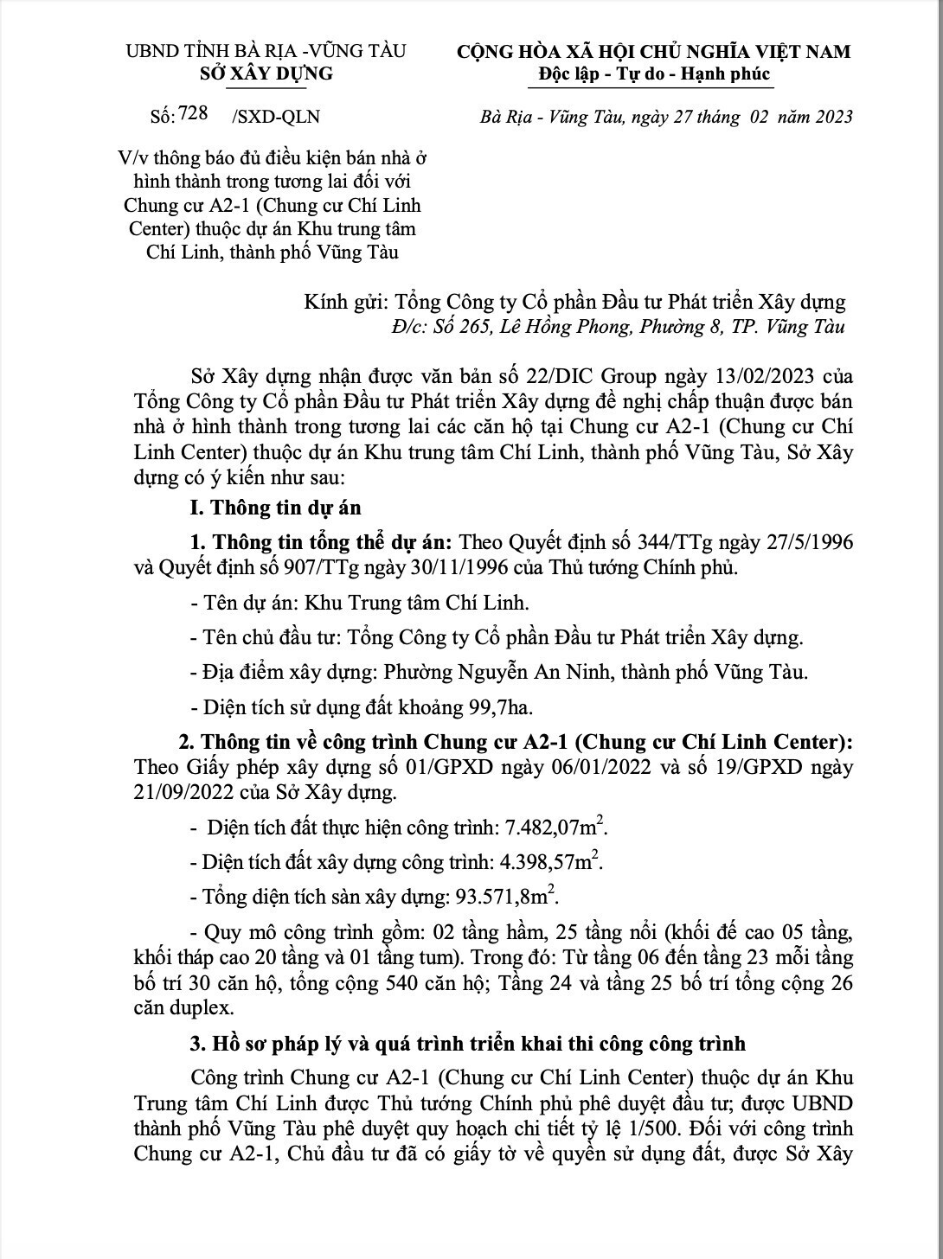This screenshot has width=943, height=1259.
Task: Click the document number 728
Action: pos(193,114)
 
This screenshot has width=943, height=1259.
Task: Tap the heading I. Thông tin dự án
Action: pos(275,508)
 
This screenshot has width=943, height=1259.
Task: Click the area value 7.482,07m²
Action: pos(555,828)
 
